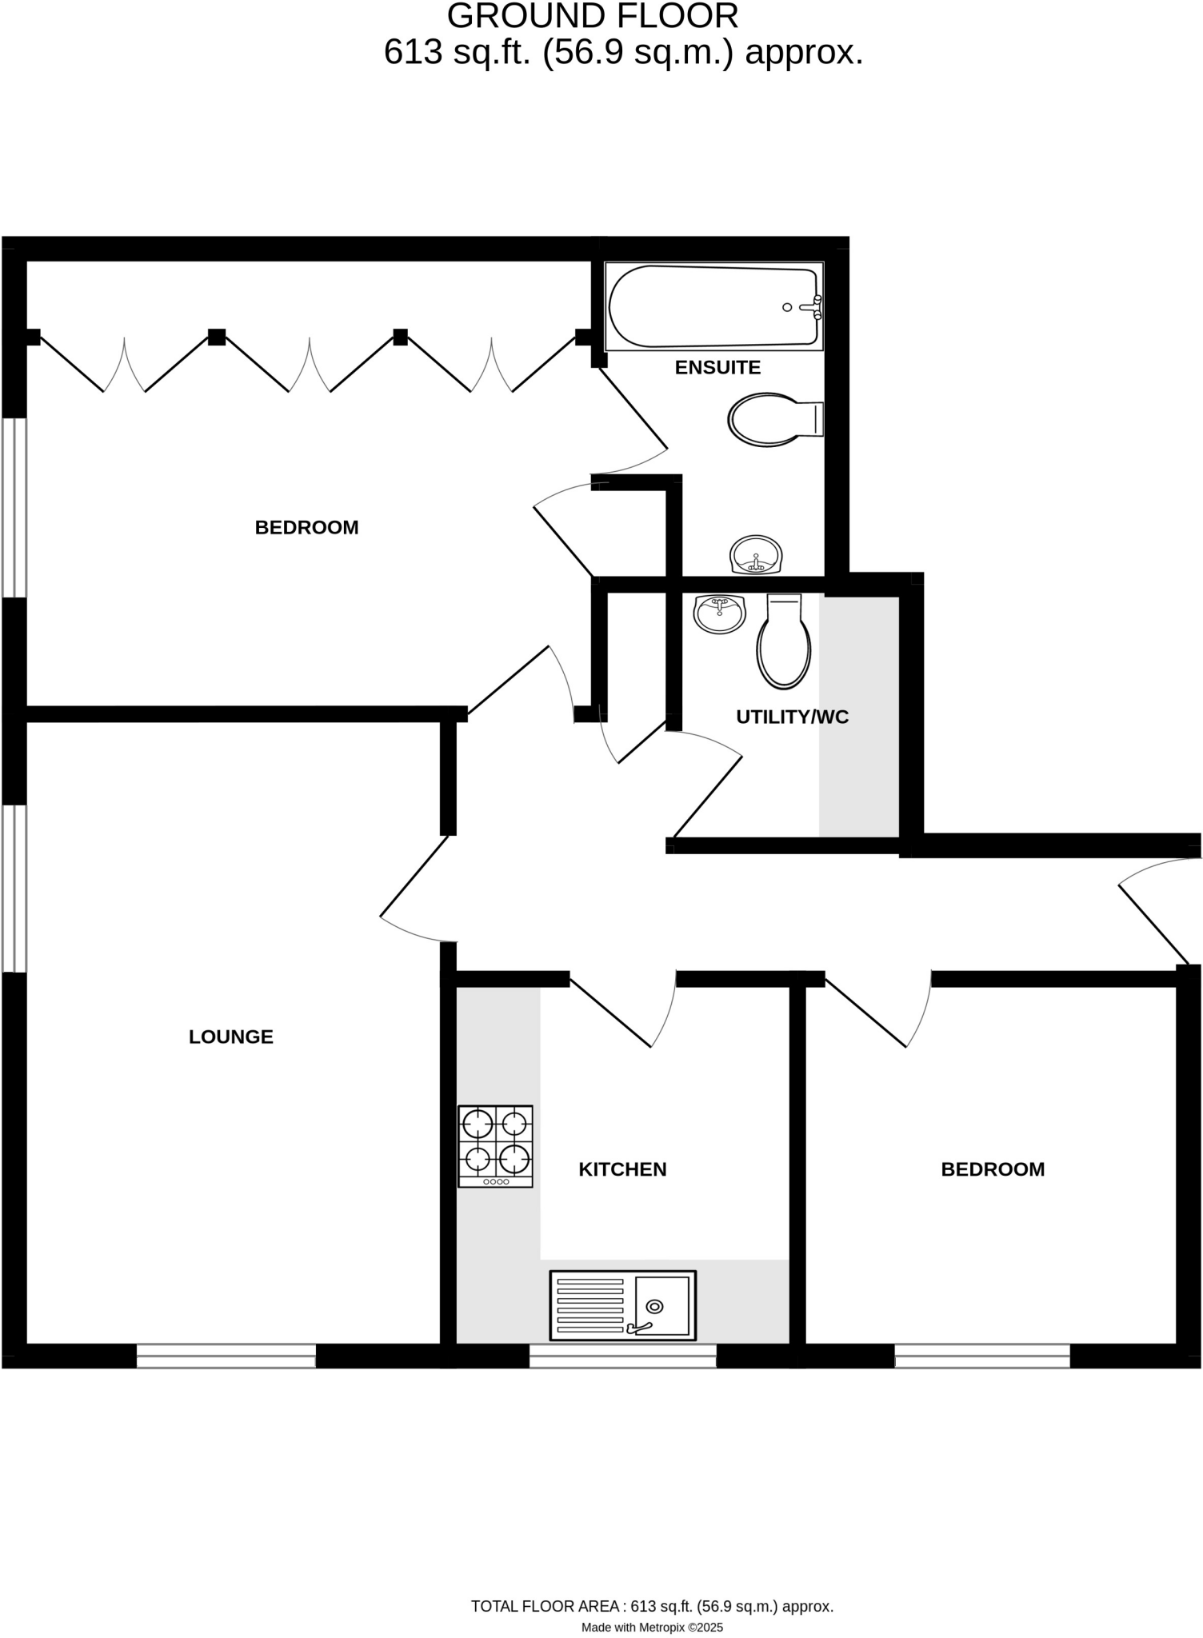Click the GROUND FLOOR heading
pos(593,17)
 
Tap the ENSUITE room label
pos(717,367)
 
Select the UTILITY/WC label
pos(792,717)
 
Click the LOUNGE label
pos(231,1037)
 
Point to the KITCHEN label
pos(622,1169)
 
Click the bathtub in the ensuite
pos(712,307)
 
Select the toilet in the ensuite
pos(772,419)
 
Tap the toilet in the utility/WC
pos(784,643)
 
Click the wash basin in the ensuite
pos(756,554)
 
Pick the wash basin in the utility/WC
pos(720,613)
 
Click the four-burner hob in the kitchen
pos(495,1145)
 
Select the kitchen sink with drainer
pos(623,1305)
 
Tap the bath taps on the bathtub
pos(814,307)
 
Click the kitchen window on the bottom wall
pos(622,1355)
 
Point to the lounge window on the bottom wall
pos(226,1355)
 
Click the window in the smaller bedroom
pos(981,1355)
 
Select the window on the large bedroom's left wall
pos(14,507)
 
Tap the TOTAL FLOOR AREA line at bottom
pos(652,1606)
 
